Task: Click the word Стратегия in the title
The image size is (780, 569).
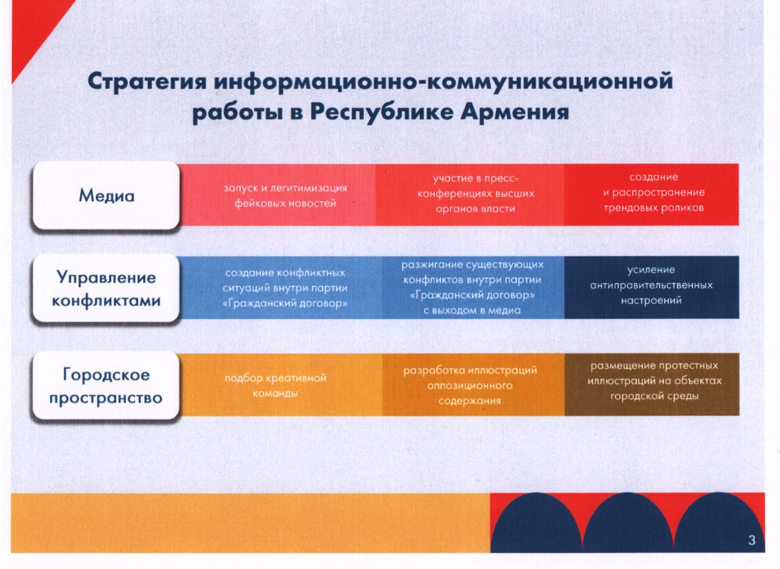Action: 147,81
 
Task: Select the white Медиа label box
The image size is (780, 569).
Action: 106,195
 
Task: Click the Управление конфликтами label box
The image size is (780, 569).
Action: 106,289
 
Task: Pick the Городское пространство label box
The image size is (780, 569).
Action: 106,386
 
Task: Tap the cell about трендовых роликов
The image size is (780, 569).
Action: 652,195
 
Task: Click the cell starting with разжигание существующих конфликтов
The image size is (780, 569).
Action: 473,288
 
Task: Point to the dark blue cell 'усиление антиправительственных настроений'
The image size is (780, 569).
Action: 652,288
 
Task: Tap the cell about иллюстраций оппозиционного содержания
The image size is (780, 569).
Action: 473,385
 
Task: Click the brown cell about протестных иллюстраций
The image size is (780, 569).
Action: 652,385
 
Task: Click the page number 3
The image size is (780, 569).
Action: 752,540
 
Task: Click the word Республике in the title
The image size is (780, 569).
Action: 382,111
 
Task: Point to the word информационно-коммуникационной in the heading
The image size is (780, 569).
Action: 443,81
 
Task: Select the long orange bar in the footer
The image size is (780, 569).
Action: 251,523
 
